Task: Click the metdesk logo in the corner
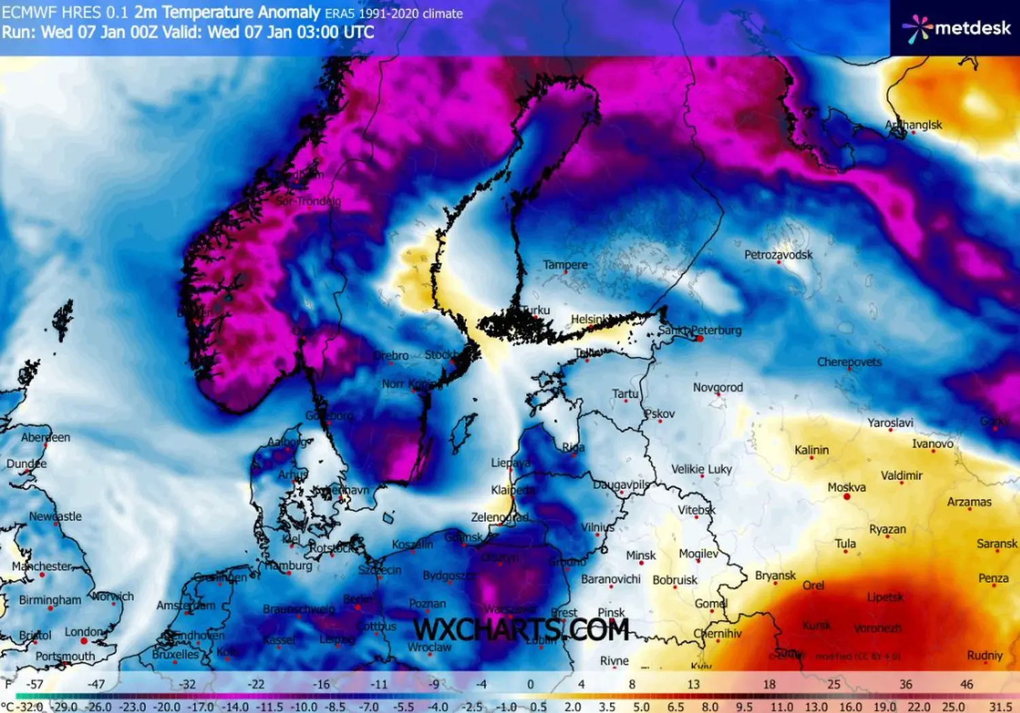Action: [957, 29]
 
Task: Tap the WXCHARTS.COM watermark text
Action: [521, 630]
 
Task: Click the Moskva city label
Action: [847, 487]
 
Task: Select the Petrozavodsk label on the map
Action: [778, 254]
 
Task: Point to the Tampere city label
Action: [565, 265]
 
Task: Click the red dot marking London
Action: [84, 641]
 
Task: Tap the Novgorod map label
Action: [718, 387]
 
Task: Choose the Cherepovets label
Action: [849, 362]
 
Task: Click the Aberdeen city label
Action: [46, 437]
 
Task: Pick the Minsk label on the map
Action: [641, 555]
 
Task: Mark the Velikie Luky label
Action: [701, 469]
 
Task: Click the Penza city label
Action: [993, 578]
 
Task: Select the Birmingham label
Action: [50, 600]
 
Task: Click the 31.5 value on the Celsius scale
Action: [1000, 707]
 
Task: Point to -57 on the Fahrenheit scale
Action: [34, 684]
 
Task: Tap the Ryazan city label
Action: [887, 529]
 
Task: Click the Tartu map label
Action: [625, 393]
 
